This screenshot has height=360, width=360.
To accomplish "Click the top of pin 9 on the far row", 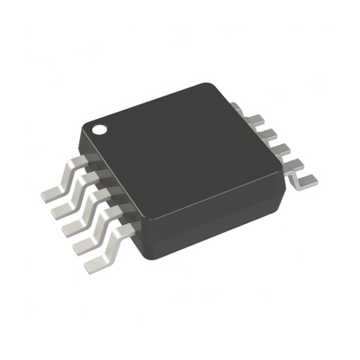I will click(x=249, y=118).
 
